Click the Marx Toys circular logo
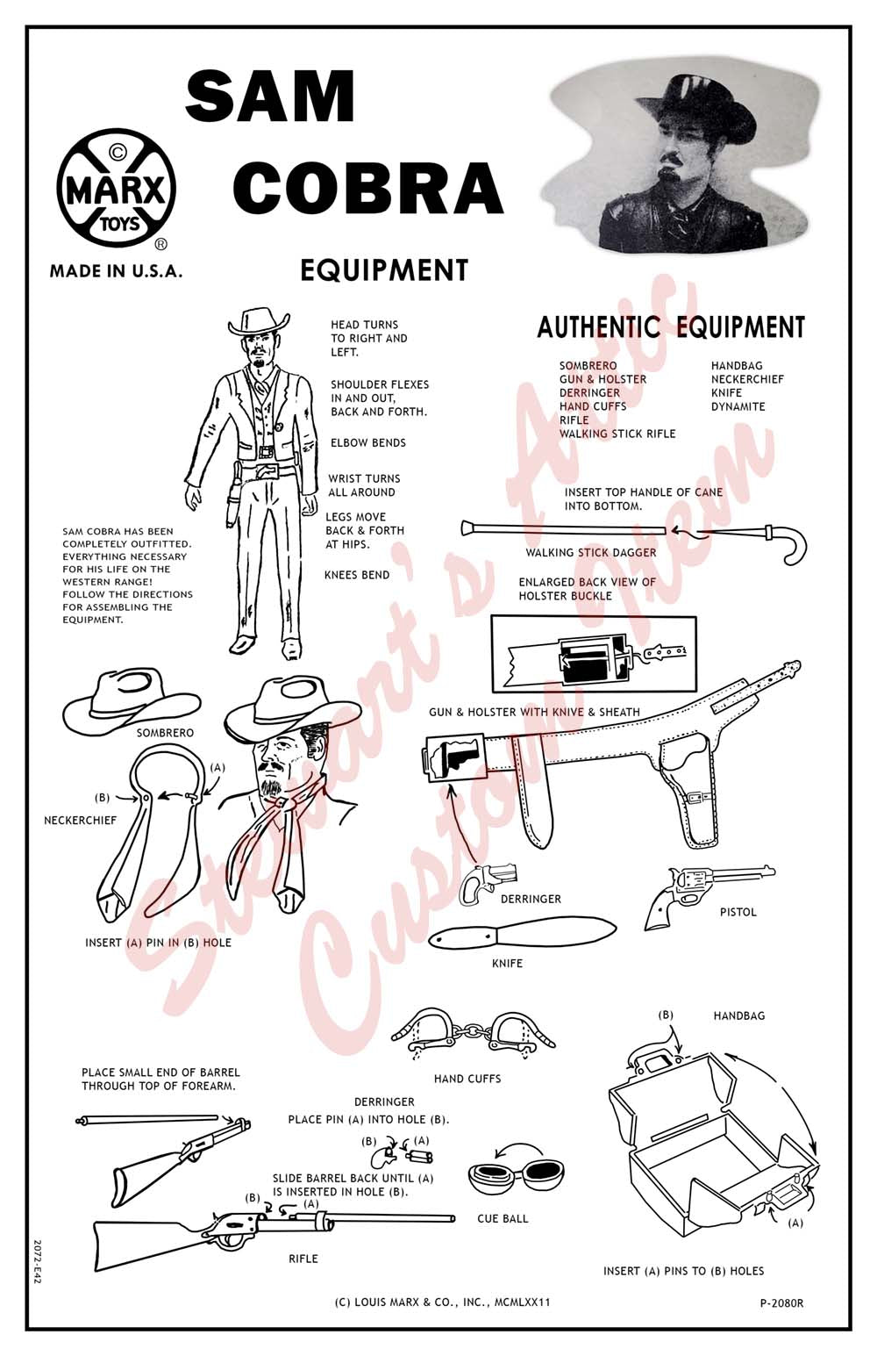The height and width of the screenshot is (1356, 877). [x=116, y=190]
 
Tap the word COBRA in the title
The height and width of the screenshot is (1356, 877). [x=367, y=188]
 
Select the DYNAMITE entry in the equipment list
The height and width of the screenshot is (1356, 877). [x=738, y=406]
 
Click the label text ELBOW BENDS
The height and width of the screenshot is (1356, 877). [x=368, y=443]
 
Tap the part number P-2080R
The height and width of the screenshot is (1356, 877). [x=781, y=1303]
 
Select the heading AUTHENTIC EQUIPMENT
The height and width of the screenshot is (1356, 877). [x=671, y=328]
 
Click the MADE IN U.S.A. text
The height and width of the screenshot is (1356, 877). [x=116, y=271]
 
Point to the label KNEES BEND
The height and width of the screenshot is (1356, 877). [x=357, y=575]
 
